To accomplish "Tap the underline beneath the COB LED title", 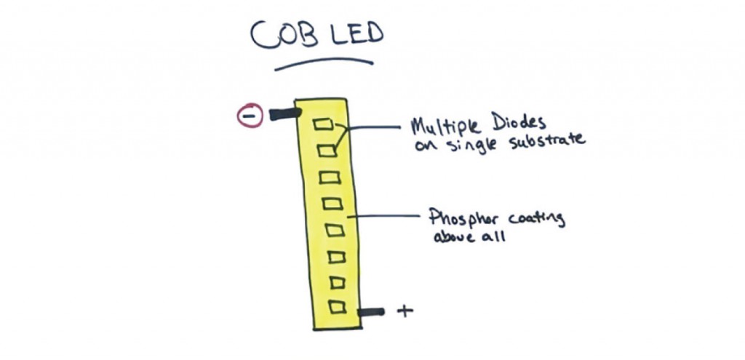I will (324, 64).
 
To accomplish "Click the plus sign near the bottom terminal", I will (405, 311).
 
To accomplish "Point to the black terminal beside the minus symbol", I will (284, 113).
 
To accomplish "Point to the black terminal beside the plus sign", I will (371, 312).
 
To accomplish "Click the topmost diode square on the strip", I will (322, 124).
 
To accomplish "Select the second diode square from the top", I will (326, 151).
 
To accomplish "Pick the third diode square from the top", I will (329, 177).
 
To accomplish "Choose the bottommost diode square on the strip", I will (336, 306).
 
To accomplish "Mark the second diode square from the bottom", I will (335, 281).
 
